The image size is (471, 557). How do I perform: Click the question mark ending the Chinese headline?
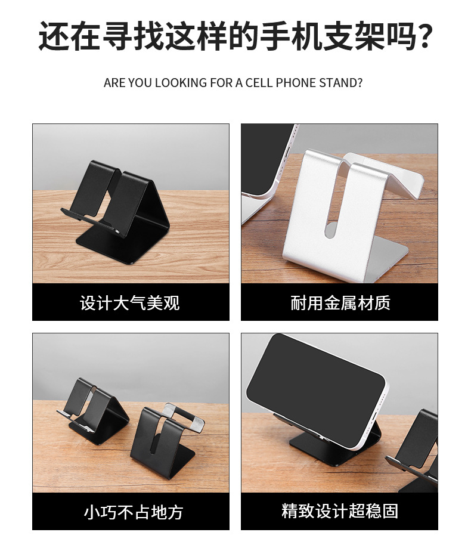(x=422, y=38)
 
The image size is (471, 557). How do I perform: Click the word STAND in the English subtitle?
(x=339, y=82)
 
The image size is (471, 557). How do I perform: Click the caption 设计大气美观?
(x=130, y=303)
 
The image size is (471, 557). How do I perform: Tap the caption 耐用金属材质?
(x=340, y=303)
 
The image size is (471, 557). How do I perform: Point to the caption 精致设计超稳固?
(x=340, y=511)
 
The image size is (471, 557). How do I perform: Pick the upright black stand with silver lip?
(x=164, y=441)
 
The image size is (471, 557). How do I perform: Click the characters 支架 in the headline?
(x=352, y=37)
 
